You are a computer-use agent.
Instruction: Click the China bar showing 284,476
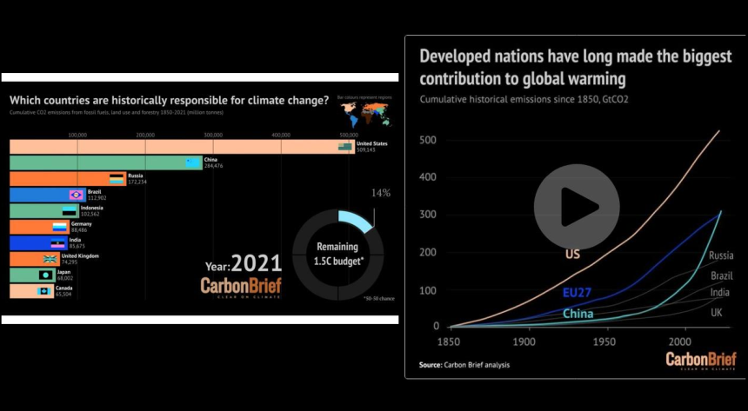[104, 162]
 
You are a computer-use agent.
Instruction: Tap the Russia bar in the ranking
[61, 178]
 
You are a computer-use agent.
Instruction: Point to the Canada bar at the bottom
[26, 291]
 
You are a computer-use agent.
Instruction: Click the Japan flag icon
[45, 275]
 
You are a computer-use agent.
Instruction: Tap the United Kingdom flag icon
[50, 259]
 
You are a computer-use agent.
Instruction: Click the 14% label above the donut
[381, 193]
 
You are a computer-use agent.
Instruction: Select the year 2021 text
[257, 263]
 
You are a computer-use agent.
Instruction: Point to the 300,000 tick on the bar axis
[213, 135]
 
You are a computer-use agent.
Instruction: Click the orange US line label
[573, 255]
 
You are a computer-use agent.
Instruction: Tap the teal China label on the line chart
[578, 314]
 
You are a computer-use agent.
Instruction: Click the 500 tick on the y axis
[429, 140]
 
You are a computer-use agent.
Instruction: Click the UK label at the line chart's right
[716, 313]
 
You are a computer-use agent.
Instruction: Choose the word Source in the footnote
[431, 365]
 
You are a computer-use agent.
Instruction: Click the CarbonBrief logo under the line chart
[701, 361]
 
